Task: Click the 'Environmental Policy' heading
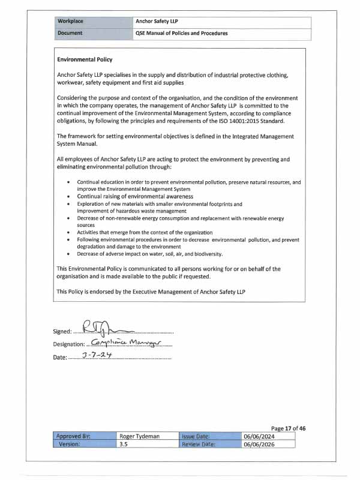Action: point(85,60)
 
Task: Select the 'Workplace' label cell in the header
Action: point(70,22)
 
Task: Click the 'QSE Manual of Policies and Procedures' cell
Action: point(182,34)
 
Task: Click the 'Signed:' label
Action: point(62,331)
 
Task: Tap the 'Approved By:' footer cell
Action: point(73,437)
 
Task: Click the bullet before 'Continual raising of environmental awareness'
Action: point(70,196)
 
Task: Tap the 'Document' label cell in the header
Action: point(70,34)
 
